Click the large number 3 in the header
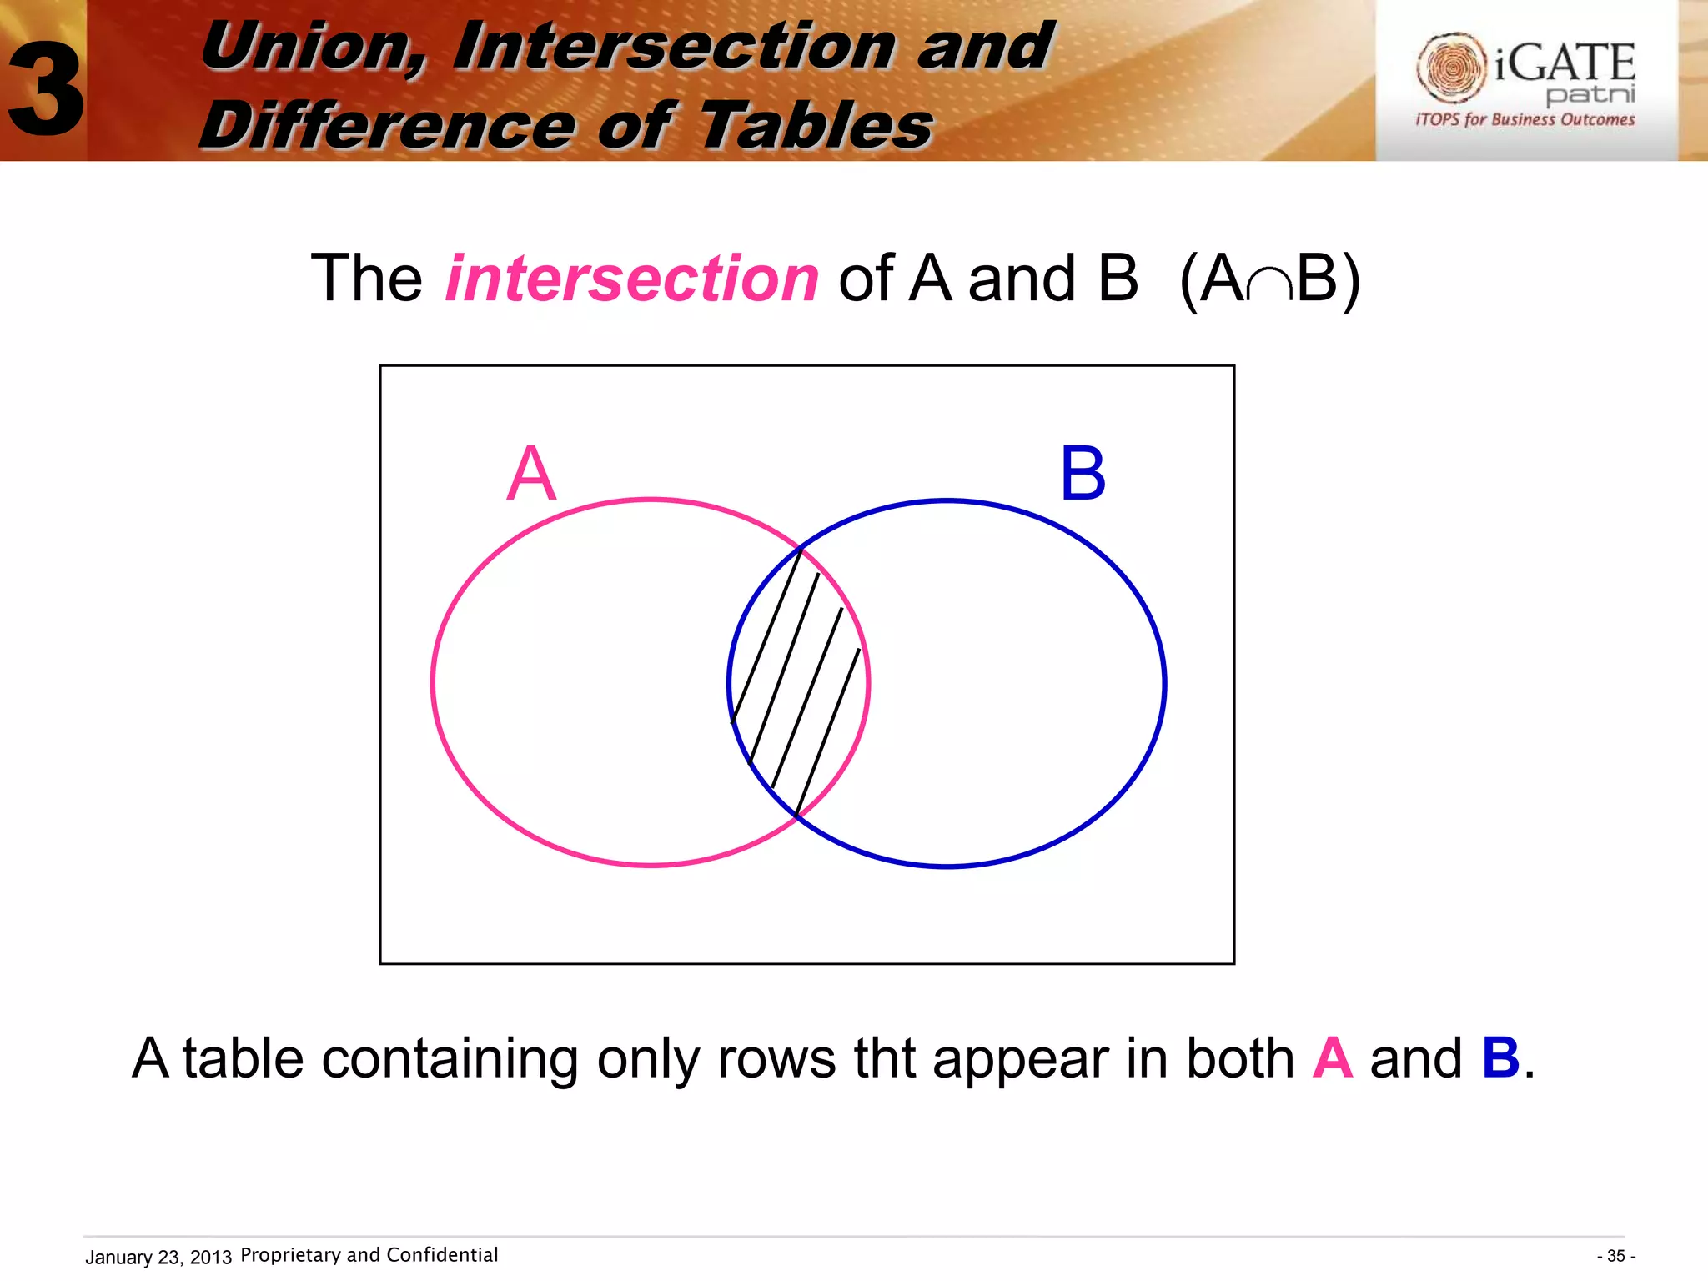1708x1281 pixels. click(46, 90)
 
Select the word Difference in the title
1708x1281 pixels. click(388, 125)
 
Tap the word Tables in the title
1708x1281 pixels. click(816, 125)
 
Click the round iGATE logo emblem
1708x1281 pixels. click(1450, 68)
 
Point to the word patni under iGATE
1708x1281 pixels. click(1590, 94)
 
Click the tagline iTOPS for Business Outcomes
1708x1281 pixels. click(1525, 119)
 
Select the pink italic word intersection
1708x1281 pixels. click(631, 278)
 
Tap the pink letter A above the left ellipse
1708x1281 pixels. click(530, 474)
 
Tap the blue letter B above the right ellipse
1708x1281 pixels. click(1083, 474)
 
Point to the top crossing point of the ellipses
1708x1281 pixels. click(801, 548)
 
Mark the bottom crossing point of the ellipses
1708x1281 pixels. click(797, 816)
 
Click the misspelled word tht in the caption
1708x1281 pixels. click(884, 1058)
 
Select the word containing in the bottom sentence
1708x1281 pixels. click(450, 1060)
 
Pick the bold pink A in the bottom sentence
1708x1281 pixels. click(1332, 1058)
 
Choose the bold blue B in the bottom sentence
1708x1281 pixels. click(1500, 1058)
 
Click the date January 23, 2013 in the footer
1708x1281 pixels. click(158, 1257)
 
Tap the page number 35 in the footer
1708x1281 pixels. click(1615, 1256)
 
